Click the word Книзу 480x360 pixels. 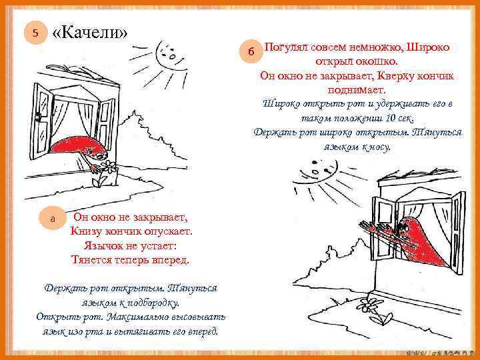88,231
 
